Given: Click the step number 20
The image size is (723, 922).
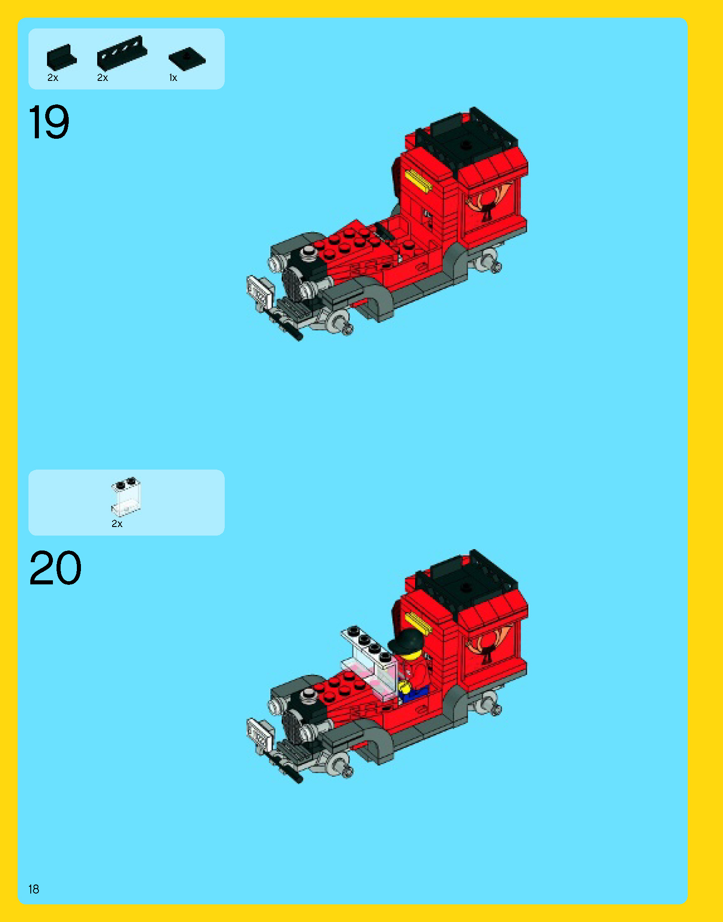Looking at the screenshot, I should click(x=55, y=568).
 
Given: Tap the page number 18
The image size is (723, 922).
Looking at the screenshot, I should click(x=33, y=889).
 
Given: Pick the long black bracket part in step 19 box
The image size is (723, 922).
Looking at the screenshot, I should click(x=122, y=53).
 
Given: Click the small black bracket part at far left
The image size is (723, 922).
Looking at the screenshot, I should click(x=61, y=57).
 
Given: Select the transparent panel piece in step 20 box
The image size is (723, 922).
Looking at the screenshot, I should click(x=126, y=497).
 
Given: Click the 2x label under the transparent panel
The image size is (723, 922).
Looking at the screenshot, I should click(x=117, y=523).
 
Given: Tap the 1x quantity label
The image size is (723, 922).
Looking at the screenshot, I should click(x=173, y=78).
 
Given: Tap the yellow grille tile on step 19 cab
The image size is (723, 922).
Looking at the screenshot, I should click(x=419, y=180).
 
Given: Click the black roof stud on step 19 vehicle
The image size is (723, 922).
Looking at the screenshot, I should click(x=466, y=145).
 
